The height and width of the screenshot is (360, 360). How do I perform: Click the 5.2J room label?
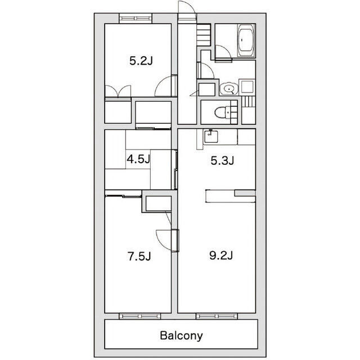(x=141, y=61)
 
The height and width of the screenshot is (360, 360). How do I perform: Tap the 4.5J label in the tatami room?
(x=138, y=159)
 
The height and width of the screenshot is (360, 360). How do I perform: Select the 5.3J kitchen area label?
(x=222, y=161)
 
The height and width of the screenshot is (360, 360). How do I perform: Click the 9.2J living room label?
(x=222, y=256)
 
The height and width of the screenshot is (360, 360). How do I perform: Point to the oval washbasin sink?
(x=227, y=88)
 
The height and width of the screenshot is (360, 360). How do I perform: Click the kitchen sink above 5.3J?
(x=211, y=135)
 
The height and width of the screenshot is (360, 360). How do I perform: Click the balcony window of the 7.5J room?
(x=139, y=316)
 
